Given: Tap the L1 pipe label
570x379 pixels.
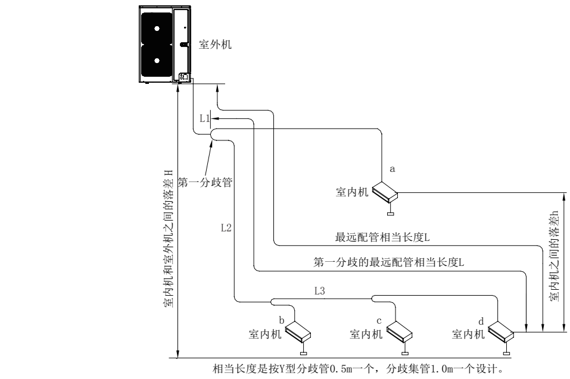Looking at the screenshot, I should pos(204,118).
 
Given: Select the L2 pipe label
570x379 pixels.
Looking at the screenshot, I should pos(225,227).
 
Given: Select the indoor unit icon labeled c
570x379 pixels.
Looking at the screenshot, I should pos(400,331).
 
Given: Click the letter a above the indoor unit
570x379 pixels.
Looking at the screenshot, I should pos(391,170).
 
